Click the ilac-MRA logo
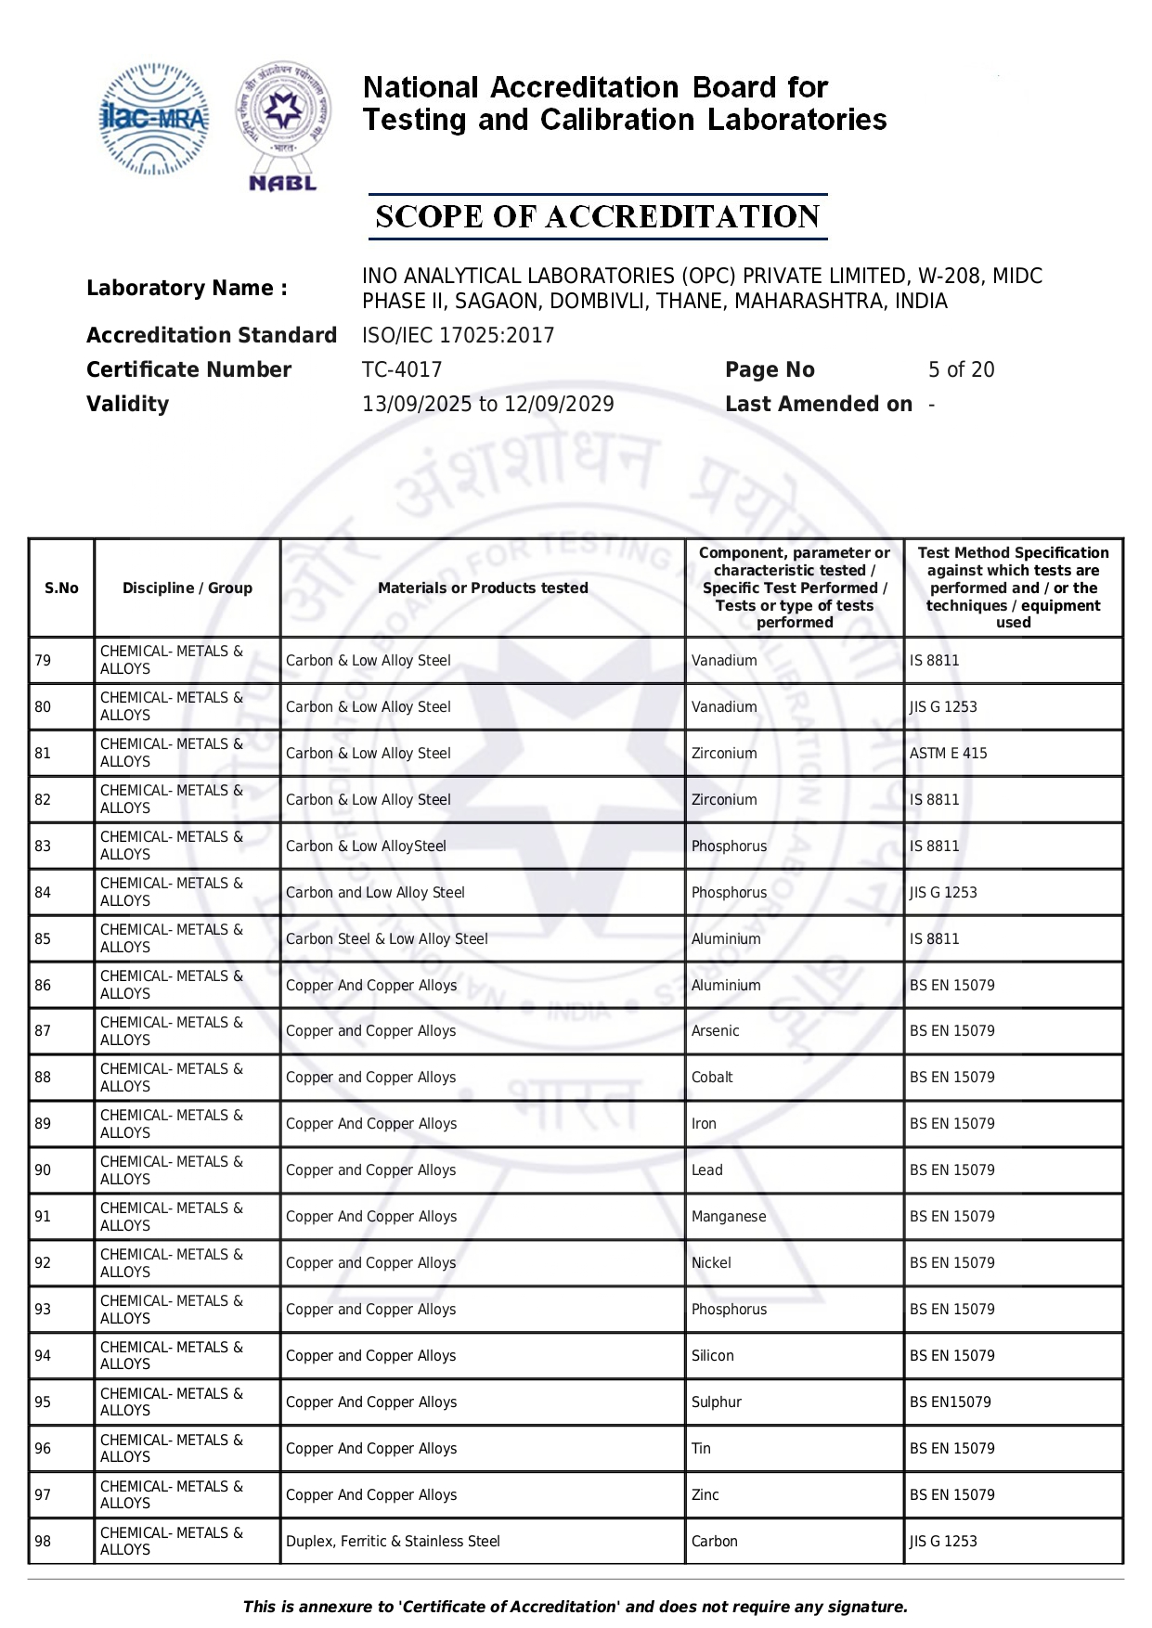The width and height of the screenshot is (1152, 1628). pyautogui.click(x=153, y=119)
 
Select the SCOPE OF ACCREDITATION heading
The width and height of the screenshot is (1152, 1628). pyautogui.click(x=597, y=216)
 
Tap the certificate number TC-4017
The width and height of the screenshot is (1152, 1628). pyautogui.click(x=402, y=369)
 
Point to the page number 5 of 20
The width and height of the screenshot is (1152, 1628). pyautogui.click(x=961, y=369)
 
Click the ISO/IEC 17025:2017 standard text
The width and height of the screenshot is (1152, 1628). pyautogui.click(x=458, y=335)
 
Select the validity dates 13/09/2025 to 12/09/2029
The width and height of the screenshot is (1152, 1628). pyautogui.click(x=487, y=404)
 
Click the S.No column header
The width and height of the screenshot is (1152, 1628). pyautogui.click(x=61, y=588)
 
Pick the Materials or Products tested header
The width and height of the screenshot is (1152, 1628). pyautogui.click(x=483, y=588)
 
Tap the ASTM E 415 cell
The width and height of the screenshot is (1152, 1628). pyautogui.click(x=948, y=753)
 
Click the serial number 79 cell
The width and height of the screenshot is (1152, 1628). pyautogui.click(x=43, y=660)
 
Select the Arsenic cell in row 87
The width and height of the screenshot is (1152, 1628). pyautogui.click(x=715, y=1030)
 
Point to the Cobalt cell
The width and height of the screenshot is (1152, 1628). pyautogui.click(x=712, y=1077)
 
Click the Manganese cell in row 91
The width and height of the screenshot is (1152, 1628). pyautogui.click(x=729, y=1216)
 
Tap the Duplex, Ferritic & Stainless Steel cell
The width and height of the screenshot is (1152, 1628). pyautogui.click(x=393, y=1541)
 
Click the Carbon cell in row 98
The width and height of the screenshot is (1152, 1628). pyautogui.click(x=714, y=1541)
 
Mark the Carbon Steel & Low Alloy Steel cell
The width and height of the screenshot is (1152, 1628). pyautogui.click(x=386, y=938)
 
